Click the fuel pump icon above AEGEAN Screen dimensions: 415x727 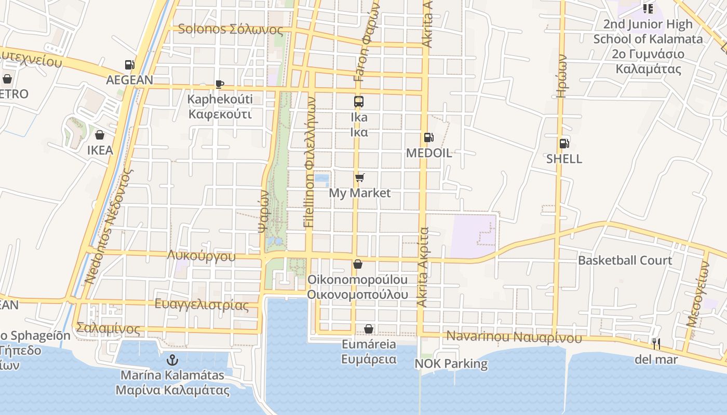coord(129,65)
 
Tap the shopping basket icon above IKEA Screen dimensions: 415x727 coord(99,135)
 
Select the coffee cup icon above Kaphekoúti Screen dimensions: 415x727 coord(220,84)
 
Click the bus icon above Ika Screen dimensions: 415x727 coord(359,102)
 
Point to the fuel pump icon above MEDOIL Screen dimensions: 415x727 coord(428,137)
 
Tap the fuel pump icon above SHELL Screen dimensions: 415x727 coord(564,143)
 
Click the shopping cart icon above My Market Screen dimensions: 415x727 coord(359,178)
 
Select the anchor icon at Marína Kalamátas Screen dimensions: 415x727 coord(172,359)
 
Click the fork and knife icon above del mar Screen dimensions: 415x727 coord(656,343)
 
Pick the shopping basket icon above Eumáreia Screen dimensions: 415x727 coord(368,329)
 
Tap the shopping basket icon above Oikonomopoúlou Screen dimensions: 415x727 coord(357,264)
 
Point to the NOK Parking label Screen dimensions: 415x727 coord(451,364)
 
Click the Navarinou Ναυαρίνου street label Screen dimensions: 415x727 coord(514,337)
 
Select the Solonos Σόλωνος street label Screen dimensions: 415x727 coord(230,29)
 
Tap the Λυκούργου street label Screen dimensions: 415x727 coord(201,256)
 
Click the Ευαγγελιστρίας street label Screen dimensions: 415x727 coord(201,305)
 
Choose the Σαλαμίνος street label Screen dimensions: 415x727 coord(108,328)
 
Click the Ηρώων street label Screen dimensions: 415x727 coord(561,76)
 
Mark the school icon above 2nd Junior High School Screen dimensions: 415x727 coord(648,8)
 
